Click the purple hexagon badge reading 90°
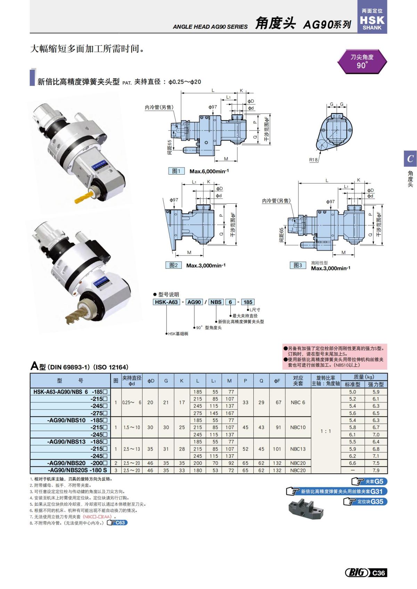tap(362, 61)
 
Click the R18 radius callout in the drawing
tap(313, 160)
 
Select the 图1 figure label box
tap(176, 171)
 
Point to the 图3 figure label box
tap(298, 265)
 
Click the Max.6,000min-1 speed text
tap(209, 171)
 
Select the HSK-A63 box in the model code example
tap(166, 302)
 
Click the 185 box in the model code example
tap(248, 302)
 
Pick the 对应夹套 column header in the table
tap(298, 380)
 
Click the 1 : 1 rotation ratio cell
tap(326, 431)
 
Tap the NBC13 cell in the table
tap(298, 449)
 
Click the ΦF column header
tap(277, 381)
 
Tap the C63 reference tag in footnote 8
tap(118, 523)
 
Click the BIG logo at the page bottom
tap(357, 572)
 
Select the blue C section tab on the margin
tap(410, 159)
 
